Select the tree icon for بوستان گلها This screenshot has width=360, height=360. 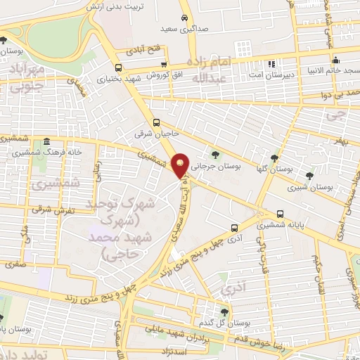click(274, 158)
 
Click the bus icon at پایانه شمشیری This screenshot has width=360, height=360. click(281, 214)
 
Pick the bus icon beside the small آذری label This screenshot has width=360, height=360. click(235, 227)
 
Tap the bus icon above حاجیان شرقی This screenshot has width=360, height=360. click(157, 121)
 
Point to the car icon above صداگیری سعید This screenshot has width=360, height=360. click(184, 18)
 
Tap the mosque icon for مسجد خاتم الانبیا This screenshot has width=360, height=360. click(336, 59)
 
